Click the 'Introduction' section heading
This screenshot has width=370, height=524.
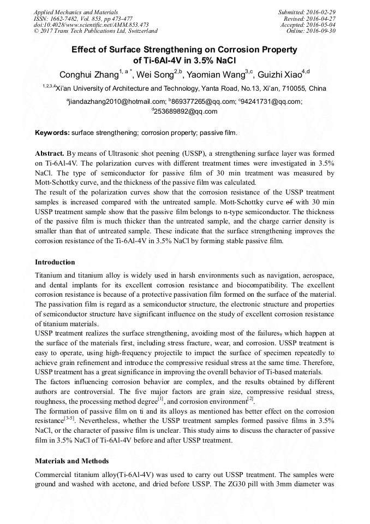click(x=55, y=262)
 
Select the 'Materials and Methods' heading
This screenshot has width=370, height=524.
click(x=71, y=461)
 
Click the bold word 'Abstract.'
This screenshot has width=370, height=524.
click(x=50, y=154)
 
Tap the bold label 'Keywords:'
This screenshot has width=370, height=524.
click(x=52, y=133)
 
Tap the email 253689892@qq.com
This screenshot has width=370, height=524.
click(x=186, y=111)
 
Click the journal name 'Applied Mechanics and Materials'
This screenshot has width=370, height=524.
click(x=76, y=11)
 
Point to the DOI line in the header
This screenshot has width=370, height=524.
click(x=91, y=25)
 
